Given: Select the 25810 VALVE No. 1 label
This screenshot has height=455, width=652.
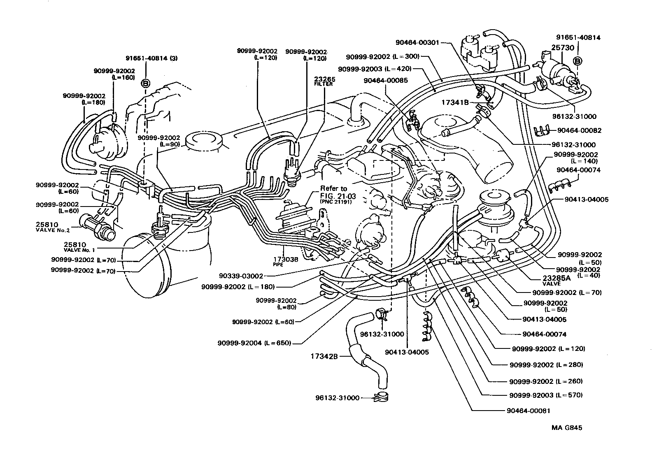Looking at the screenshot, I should click(79, 246).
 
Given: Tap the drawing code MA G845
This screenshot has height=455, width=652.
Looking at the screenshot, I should click(567, 427).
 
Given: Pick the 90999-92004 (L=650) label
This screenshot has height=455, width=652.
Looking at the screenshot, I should click(254, 343).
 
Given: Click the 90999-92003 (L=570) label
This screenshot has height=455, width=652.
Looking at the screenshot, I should click(545, 395).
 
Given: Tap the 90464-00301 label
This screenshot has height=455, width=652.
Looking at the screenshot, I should click(418, 42).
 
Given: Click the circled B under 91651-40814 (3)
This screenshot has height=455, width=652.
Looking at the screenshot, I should click(145, 84).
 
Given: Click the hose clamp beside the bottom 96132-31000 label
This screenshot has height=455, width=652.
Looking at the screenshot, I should click(381, 398).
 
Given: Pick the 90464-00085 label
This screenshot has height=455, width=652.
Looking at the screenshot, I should click(386, 81).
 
